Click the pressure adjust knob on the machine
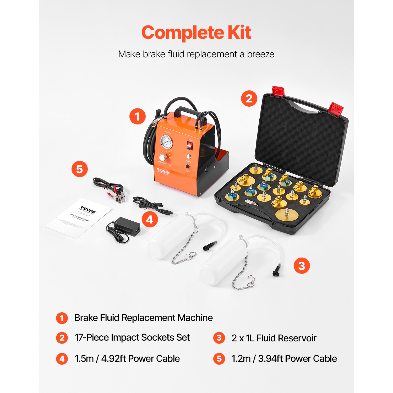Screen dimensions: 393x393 click(163, 157)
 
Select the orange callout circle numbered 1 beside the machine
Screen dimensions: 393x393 click(138, 116)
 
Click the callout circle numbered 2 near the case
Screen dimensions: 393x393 click(249, 99)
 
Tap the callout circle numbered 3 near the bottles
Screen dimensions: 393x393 click(302, 266)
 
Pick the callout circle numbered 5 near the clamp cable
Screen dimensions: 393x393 click(79, 169)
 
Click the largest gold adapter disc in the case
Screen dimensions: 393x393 click(286, 214)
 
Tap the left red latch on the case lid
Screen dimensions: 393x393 click(278, 91)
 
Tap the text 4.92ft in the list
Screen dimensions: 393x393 click(113, 358)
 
